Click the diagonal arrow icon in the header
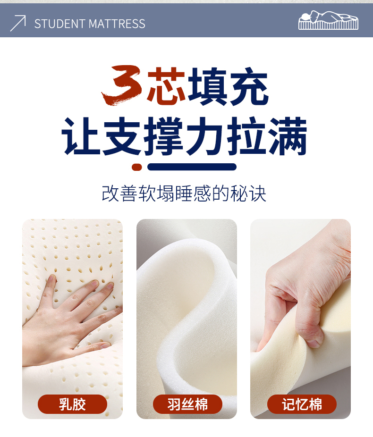pyautogui.click(x=18, y=23)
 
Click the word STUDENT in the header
pyautogui.click(x=59, y=24)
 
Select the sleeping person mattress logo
pyautogui.click(x=328, y=20)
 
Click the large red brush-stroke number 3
pyautogui.click(x=122, y=85)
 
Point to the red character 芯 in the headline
pyautogui.click(x=166, y=85)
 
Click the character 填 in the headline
pyautogui.click(x=207, y=86)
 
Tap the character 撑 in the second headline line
pyautogui.click(x=164, y=136)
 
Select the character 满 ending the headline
pyautogui.click(x=288, y=136)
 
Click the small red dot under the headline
pyautogui.click(x=137, y=167)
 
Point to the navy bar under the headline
pyautogui.click(x=192, y=167)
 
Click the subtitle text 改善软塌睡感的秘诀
pyautogui.click(x=184, y=193)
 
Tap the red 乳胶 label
pyautogui.click(x=73, y=404)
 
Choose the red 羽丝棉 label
pyautogui.click(x=187, y=404)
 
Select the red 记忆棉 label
pyautogui.click(x=302, y=404)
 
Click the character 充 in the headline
pyautogui.click(x=248, y=86)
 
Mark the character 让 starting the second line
pyautogui.click(x=81, y=136)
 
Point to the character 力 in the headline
pyautogui.click(x=205, y=136)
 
